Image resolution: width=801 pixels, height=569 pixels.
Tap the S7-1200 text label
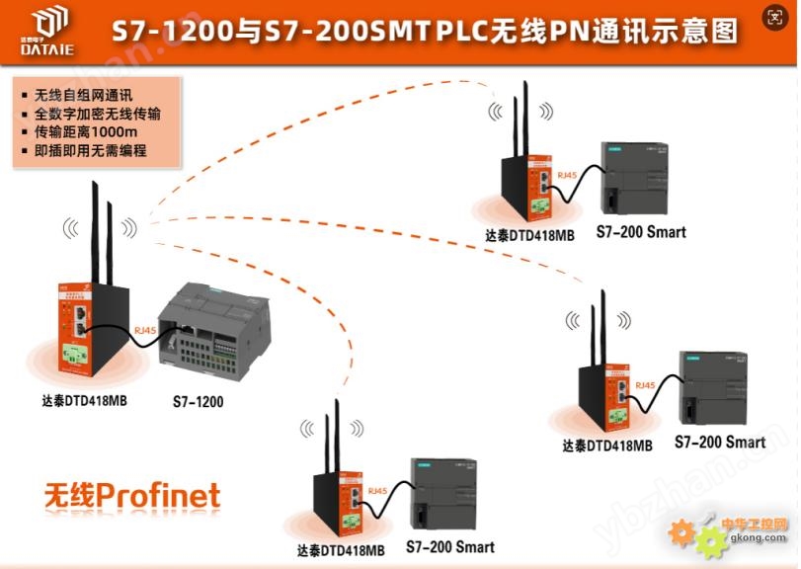tap(198, 402)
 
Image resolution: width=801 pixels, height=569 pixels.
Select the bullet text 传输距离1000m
tap(85, 132)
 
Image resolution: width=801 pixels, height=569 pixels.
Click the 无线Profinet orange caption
tap(131, 495)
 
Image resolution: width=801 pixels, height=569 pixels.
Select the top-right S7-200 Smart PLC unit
tap(637, 178)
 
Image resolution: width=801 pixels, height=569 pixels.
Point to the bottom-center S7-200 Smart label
tap(449, 546)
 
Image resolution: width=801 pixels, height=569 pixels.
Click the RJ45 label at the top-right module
tap(567, 175)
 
